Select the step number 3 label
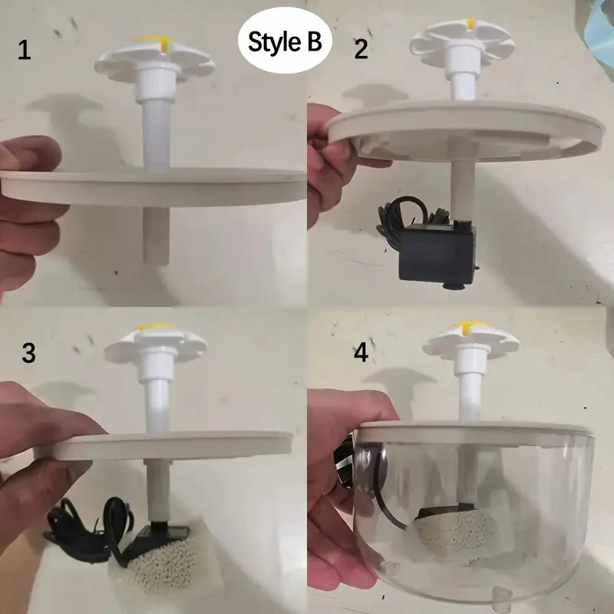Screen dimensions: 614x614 [28, 353]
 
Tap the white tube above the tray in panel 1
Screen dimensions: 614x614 [156, 130]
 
